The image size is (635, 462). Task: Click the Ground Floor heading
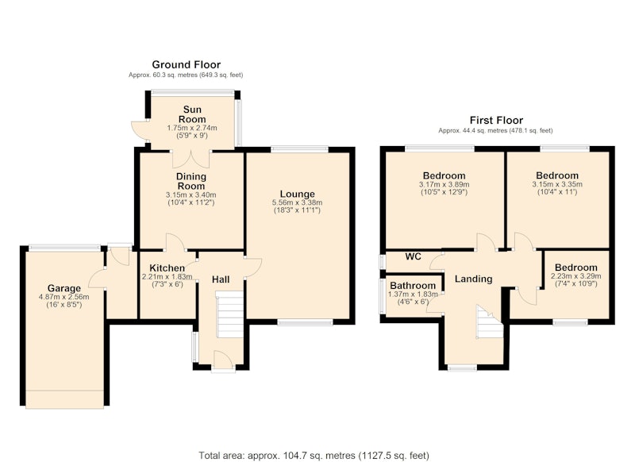(x=187, y=64)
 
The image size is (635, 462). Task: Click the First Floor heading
(x=496, y=120)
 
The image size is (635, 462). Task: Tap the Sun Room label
(x=192, y=114)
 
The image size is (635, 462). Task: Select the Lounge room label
(x=297, y=194)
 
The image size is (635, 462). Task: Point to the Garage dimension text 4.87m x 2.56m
(x=64, y=297)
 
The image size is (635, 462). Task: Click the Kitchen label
(x=167, y=268)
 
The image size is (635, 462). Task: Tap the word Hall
(x=221, y=279)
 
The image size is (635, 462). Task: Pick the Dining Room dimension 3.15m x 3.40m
(x=191, y=194)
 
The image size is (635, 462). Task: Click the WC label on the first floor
(x=413, y=256)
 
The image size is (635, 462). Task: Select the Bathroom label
(x=413, y=286)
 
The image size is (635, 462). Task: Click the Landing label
(x=473, y=279)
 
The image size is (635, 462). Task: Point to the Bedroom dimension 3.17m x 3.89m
(x=444, y=184)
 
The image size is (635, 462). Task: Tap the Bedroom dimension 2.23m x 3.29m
(x=576, y=276)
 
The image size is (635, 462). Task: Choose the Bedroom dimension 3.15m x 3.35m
(x=557, y=184)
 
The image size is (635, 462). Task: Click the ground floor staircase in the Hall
(x=230, y=314)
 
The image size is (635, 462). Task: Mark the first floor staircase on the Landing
(x=490, y=322)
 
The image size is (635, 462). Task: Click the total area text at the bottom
(x=314, y=456)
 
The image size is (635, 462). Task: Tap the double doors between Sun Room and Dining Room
(x=191, y=159)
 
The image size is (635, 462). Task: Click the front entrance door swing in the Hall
(x=223, y=360)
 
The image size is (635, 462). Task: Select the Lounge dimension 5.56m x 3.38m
(x=297, y=202)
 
